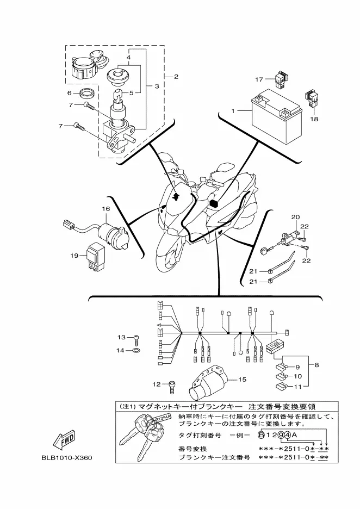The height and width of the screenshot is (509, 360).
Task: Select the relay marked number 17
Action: pyautogui.click(x=280, y=78)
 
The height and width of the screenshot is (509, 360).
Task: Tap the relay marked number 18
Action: pyautogui.click(x=311, y=98)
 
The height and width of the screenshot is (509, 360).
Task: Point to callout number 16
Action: pyautogui.click(x=106, y=209)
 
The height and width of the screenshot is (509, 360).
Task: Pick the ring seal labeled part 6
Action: pyautogui.click(x=88, y=94)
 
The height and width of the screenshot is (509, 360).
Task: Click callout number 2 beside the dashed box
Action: pyautogui.click(x=176, y=77)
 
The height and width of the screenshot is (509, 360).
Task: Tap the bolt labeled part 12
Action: pyautogui.click(x=172, y=386)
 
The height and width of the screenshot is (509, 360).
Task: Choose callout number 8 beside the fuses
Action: pyautogui.click(x=316, y=365)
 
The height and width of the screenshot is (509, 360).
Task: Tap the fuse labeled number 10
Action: pyautogui.click(x=281, y=377)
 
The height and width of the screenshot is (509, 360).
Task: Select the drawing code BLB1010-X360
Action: pyautogui.click(x=66, y=458)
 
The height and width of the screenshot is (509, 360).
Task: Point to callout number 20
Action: pyautogui.click(x=295, y=217)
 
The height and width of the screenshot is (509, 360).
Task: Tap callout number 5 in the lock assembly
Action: pyautogui.click(x=132, y=93)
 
